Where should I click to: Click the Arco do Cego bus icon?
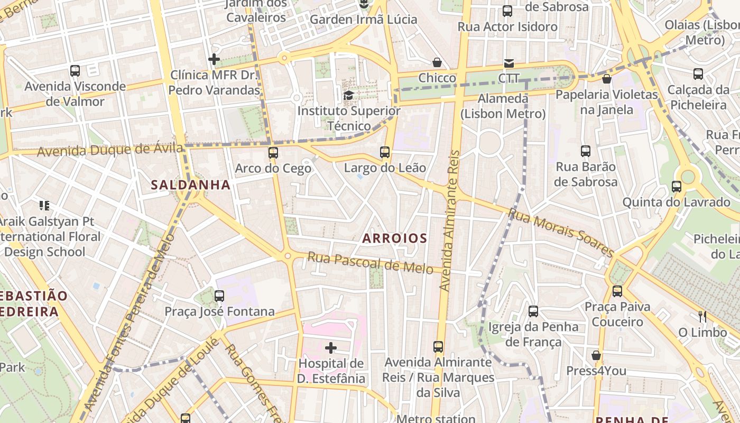point(273,153)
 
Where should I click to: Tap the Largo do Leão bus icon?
point(385,152)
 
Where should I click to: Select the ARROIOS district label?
point(395,238)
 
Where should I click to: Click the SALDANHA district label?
point(191,185)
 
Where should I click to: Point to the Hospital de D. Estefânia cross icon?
point(331,347)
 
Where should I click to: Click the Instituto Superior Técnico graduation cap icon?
point(348,95)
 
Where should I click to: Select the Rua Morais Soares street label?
point(561,232)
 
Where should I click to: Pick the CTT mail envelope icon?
point(508,63)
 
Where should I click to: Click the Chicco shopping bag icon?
point(437,62)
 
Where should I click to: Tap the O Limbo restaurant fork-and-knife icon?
point(702,316)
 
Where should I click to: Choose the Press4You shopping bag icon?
point(596,355)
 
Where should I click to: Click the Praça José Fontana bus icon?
point(219,296)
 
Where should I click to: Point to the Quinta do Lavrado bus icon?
point(676,186)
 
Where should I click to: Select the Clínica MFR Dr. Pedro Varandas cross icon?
point(214,59)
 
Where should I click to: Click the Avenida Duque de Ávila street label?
point(110,150)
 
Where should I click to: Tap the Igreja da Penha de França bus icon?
point(533,311)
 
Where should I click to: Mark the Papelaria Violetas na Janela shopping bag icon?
point(607,79)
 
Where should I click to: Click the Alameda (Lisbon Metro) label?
point(503,106)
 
